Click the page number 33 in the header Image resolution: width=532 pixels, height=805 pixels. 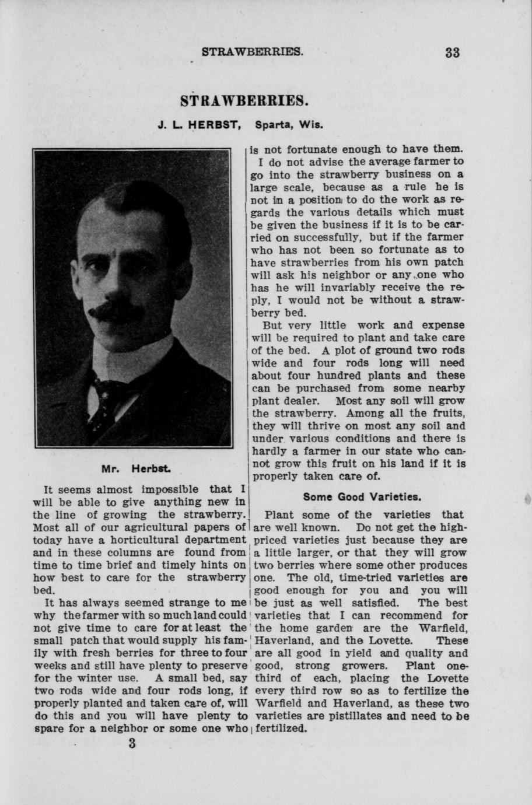click(x=452, y=52)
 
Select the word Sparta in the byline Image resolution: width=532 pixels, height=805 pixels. click(x=274, y=125)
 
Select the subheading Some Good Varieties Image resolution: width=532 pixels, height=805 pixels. click(x=362, y=497)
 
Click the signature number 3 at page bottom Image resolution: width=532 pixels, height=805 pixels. click(x=132, y=744)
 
